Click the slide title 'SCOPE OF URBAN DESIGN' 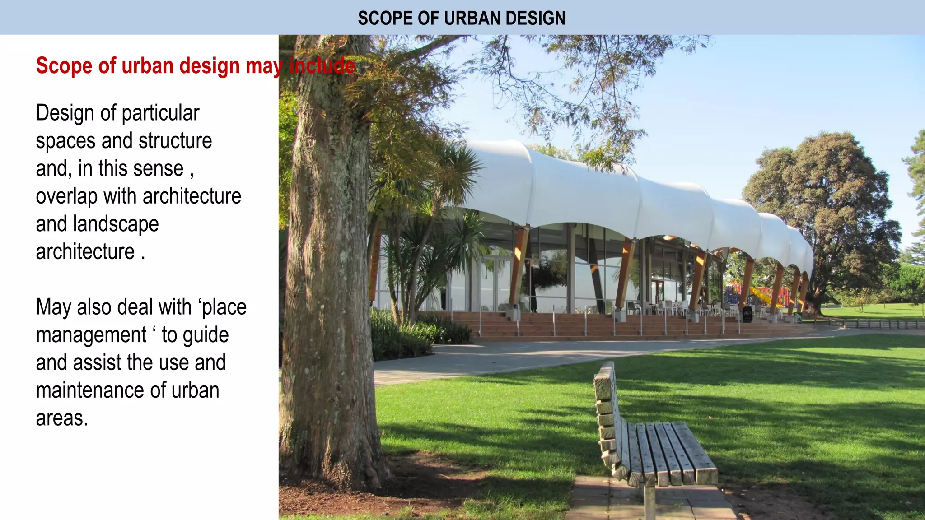point(462,18)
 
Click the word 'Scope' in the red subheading point(65,66)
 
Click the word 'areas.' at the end point(62,418)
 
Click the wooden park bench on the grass point(655,442)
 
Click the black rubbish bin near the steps point(747,314)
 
